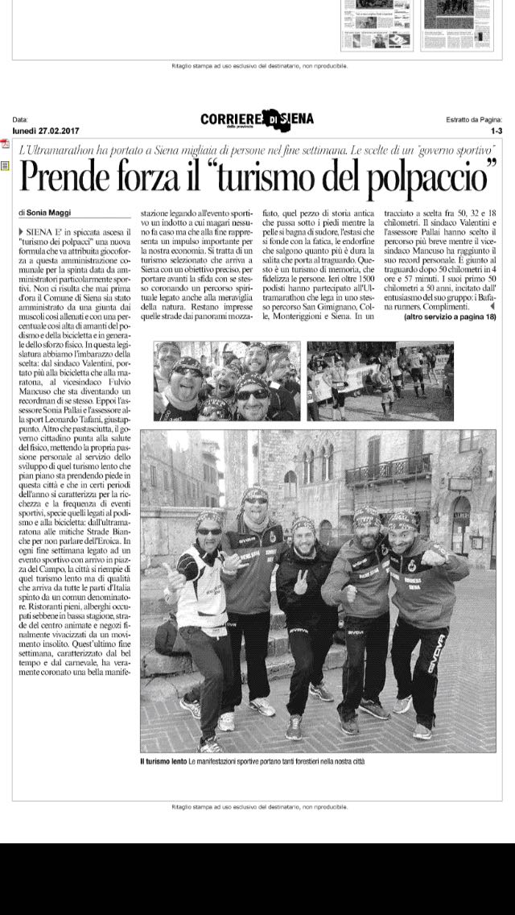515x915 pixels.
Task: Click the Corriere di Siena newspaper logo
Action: pyautogui.click(x=257, y=120)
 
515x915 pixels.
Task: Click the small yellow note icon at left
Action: pyautogui.click(x=5, y=165)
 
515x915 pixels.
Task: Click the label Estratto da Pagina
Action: pyautogui.click(x=474, y=119)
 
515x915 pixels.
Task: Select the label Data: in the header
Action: pyautogui.click(x=20, y=119)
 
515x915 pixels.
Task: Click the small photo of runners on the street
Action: pyautogui.click(x=380, y=380)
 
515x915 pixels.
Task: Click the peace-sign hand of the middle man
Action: pyautogui.click(x=301, y=581)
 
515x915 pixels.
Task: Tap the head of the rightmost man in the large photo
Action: pyautogui.click(x=402, y=526)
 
